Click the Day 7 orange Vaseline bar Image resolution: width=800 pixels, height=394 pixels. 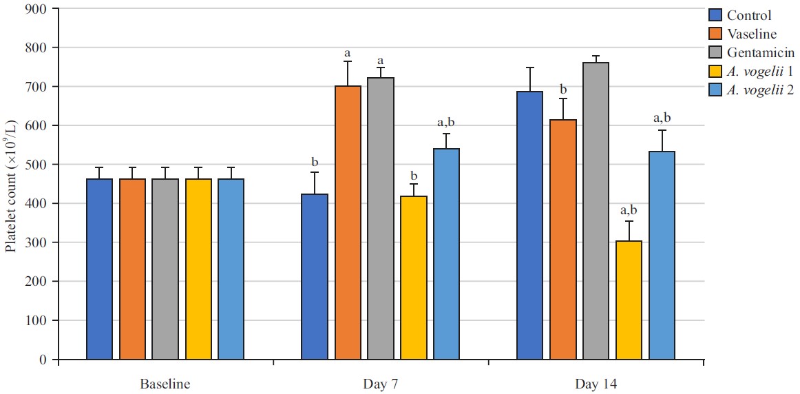point(348,222)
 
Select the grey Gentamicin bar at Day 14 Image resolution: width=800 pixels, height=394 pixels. point(596,211)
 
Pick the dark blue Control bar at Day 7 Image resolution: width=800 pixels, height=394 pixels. point(315,276)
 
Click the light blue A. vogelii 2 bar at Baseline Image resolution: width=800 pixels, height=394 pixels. point(231,269)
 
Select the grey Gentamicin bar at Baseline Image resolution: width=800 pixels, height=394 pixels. point(165,269)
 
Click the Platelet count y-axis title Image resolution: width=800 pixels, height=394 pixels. point(12,205)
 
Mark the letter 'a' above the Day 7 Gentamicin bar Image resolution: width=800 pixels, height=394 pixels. point(381,60)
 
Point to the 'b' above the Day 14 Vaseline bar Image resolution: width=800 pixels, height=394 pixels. point(563,90)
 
